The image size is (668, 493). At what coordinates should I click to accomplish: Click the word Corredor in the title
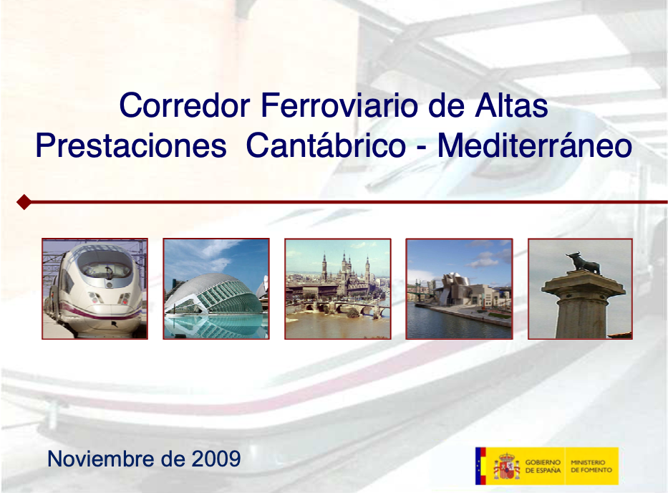point(185,105)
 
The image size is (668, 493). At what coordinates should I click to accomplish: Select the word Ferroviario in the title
point(339,105)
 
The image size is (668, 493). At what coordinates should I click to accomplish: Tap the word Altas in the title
point(512,105)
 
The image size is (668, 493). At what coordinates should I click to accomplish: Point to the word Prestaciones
point(131,145)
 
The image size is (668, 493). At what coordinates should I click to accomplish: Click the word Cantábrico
point(326,145)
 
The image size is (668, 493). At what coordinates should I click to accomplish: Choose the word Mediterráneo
point(535,145)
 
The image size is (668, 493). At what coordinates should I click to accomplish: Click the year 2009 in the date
point(216,459)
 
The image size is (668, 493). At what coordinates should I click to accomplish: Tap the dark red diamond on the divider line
point(24,202)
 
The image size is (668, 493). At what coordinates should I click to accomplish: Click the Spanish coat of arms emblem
point(507,466)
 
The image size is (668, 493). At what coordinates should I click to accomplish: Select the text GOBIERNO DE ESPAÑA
point(543,466)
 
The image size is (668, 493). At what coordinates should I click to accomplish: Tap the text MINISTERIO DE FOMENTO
point(591,466)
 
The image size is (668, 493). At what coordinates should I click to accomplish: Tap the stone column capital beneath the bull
point(584,287)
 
